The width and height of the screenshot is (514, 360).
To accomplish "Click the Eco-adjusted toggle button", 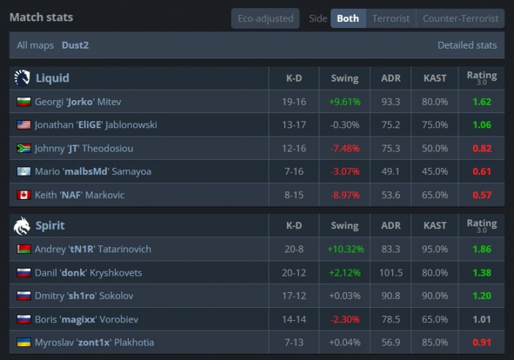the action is click(265, 19).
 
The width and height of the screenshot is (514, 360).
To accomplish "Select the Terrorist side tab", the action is click(391, 19).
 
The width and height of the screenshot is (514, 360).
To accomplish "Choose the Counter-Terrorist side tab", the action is click(461, 19).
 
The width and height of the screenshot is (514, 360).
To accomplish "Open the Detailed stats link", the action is click(467, 45).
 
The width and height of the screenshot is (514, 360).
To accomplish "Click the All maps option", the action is click(35, 45).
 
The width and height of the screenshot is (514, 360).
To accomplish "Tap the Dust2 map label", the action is click(75, 45).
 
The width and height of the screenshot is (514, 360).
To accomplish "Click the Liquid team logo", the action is click(22, 78).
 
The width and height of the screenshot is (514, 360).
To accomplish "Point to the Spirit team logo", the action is click(22, 226).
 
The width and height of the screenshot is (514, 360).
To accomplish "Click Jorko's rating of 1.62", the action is click(482, 101).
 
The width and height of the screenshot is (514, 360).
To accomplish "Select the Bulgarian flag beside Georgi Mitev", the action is click(23, 101).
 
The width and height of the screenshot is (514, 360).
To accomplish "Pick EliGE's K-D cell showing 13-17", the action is click(294, 125).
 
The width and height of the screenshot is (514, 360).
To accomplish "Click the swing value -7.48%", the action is click(345, 149).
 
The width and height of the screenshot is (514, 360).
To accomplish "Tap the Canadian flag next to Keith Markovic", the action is click(23, 195).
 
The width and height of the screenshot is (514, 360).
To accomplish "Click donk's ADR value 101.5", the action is click(391, 273).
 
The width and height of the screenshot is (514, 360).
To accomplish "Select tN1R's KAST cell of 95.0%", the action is click(435, 249).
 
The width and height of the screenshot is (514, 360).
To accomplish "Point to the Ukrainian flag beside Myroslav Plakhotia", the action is click(23, 342).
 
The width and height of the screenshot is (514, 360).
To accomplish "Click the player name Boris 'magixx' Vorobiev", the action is click(86, 320).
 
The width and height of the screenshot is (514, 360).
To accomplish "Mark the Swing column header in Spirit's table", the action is click(345, 226).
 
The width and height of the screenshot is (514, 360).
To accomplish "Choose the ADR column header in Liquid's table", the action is click(391, 78).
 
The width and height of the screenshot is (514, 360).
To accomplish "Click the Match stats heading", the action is click(41, 17).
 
